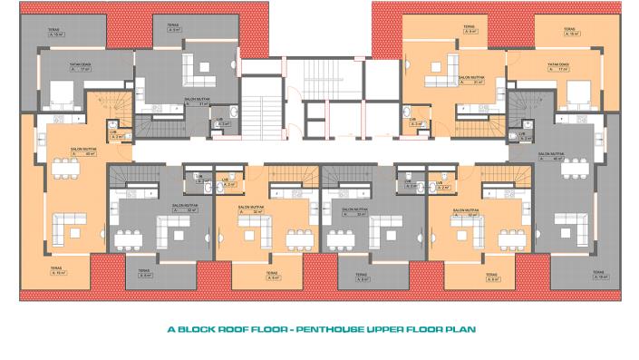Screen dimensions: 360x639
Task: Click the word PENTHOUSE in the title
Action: (x=344, y=329)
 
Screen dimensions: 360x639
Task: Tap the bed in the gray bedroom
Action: (x=63, y=93)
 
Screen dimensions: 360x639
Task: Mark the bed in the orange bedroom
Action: (x=574, y=93)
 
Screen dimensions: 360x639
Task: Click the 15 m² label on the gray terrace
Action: (x=55, y=35)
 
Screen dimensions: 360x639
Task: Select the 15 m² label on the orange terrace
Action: (x=570, y=34)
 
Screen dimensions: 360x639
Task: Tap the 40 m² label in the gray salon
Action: (x=550, y=159)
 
